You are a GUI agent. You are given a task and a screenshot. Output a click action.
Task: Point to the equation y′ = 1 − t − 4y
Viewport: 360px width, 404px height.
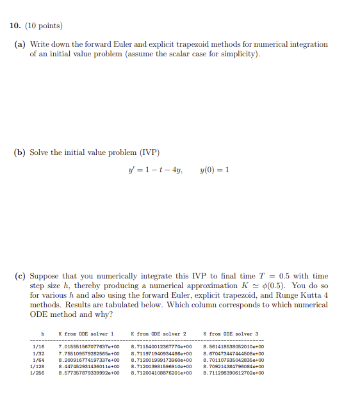pyautogui.click(x=156, y=170)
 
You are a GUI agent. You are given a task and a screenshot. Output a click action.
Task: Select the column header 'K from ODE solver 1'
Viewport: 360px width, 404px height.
pyautogui.click(x=85, y=334)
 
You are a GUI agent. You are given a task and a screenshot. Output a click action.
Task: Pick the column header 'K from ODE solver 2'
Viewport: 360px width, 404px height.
pyautogui.click(x=158, y=334)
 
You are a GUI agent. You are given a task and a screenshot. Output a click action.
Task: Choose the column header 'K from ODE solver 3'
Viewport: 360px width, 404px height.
pyautogui.click(x=230, y=334)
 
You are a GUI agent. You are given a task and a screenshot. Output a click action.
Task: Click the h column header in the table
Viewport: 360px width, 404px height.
pyautogui.click(x=42, y=334)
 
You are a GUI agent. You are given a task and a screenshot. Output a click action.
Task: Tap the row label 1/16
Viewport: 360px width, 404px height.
pyautogui.click(x=38, y=346)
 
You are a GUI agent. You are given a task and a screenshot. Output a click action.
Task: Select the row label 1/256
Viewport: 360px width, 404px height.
pyautogui.click(x=38, y=372)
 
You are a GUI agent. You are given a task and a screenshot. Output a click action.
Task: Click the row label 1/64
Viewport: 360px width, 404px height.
pyautogui.click(x=38, y=359)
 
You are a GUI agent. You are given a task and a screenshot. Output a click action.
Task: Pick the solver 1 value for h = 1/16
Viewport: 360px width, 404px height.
pyautogui.click(x=89, y=346)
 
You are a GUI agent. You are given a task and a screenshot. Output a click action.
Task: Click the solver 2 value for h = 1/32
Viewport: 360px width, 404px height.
pyautogui.click(x=161, y=353)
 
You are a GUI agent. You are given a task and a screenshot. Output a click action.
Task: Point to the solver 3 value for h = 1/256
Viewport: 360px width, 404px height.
pyautogui.click(x=234, y=372)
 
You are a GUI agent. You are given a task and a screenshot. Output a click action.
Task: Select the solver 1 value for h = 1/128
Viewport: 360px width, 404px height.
pyautogui.click(x=89, y=366)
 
